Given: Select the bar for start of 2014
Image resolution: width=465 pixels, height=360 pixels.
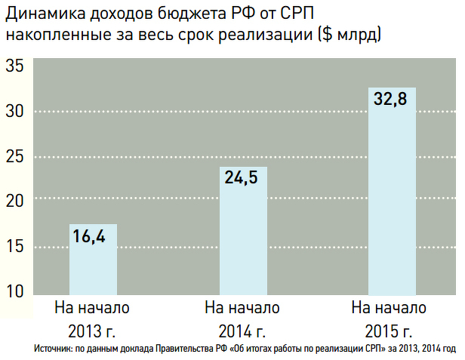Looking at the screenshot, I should click(243, 230).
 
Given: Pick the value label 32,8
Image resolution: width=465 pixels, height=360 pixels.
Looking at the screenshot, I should click(392, 100).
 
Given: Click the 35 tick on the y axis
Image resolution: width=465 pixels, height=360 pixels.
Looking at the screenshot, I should click(16, 66).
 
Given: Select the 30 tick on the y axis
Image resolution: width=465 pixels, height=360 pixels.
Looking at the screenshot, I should click(16, 111).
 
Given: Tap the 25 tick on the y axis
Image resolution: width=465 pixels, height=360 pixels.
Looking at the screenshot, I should click(16, 156).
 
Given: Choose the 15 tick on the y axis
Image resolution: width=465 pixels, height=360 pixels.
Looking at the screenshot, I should click(16, 247).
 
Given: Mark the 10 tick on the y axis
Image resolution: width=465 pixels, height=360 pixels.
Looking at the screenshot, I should click(16, 291).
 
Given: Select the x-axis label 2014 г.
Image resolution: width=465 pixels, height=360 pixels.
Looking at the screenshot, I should click(242, 330).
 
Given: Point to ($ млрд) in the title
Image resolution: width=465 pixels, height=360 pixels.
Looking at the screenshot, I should click(344, 35).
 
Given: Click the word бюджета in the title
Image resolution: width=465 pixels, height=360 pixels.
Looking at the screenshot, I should click(183, 14).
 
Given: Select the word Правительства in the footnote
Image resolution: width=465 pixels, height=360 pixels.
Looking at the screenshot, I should click(184, 349).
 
